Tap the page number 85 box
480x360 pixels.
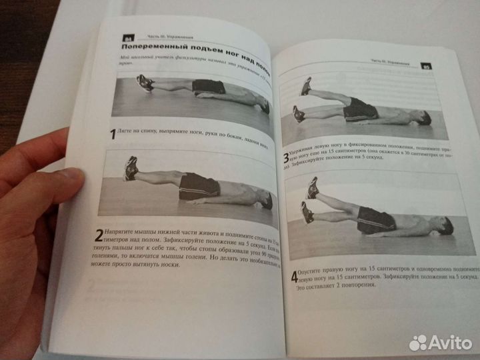point(427,67)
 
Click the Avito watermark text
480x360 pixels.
point(450,343)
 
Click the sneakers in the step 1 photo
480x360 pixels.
point(145,83)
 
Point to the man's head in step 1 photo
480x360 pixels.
point(264,105)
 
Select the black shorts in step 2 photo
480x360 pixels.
point(198,185)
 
